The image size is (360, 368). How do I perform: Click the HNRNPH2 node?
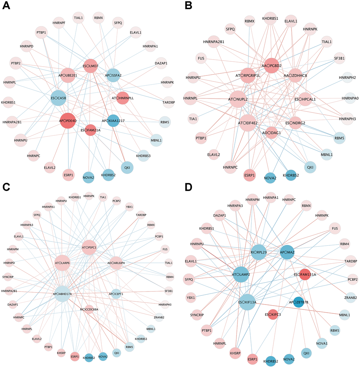(x=347, y=78)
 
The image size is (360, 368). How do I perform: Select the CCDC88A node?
(x=89, y=309)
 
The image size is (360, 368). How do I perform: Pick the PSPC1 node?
(x=89, y=247)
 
